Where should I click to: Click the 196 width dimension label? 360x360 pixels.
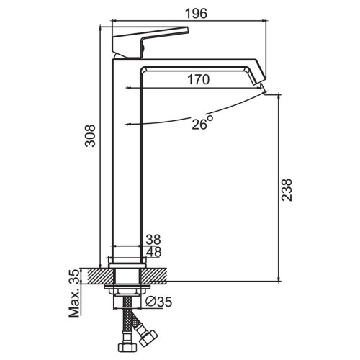[x=196, y=14]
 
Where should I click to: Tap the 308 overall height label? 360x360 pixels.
[x=91, y=135]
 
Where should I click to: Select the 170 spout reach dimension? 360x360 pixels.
[x=198, y=79]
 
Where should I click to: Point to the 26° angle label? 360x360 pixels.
[x=202, y=122]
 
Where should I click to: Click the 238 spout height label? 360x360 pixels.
[x=287, y=190]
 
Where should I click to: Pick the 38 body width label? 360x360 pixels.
[x=153, y=239]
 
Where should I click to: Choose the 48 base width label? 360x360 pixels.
[x=153, y=252]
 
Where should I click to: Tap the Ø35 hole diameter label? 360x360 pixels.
[x=159, y=302]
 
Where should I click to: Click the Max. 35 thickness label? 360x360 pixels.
[x=74, y=293]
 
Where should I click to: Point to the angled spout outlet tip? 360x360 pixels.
[x=260, y=81]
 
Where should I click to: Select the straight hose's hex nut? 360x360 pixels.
[x=127, y=347]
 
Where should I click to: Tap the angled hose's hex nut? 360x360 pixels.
[x=148, y=338]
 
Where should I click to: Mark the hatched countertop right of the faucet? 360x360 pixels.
[x=153, y=276]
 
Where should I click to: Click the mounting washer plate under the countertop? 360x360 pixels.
[x=127, y=287]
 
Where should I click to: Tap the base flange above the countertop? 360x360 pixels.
[x=127, y=263]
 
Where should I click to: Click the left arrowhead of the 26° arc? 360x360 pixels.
[x=128, y=125]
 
